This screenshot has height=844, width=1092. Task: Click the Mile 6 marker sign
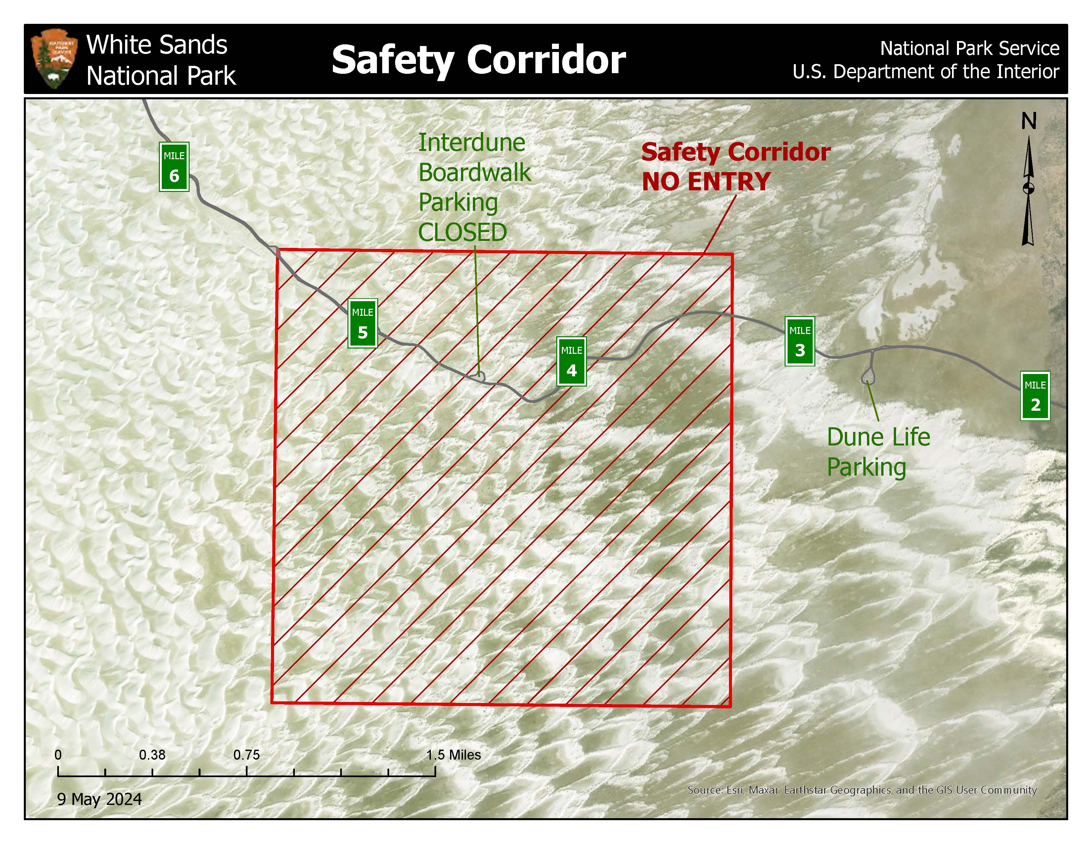174,167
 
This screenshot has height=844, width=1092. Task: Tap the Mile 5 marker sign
362,323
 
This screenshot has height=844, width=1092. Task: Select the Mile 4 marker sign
571,361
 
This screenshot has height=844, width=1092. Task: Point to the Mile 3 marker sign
799,342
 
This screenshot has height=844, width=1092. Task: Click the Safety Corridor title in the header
478,60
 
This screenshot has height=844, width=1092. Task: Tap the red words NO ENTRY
705,181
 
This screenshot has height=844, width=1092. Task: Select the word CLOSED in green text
463,232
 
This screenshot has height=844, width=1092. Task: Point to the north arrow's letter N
1028,121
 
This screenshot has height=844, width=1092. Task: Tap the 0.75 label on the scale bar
247,755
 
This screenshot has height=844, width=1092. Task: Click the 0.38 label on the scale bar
152,755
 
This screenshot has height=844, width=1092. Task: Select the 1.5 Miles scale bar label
453,755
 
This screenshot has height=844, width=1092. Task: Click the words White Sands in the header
157,45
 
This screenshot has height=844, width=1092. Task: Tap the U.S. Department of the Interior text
926,71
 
